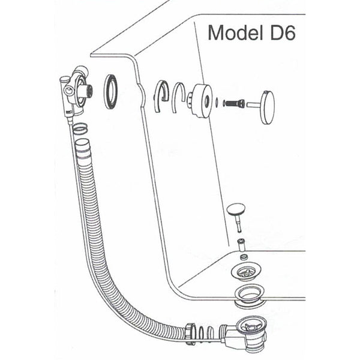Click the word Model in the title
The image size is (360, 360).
[235, 33]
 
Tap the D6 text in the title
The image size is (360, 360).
[283, 33]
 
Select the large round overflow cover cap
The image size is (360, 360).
[268, 107]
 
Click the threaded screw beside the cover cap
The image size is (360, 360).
[233, 103]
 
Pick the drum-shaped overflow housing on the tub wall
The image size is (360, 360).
[200, 101]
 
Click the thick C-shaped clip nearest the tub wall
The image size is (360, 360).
[161, 97]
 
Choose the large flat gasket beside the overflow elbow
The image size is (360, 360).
[112, 91]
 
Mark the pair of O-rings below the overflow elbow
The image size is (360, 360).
[80, 129]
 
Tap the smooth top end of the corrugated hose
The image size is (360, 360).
[83, 146]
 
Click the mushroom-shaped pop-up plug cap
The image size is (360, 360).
[236, 209]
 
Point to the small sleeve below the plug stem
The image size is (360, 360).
[241, 245]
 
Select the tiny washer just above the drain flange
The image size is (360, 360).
[244, 256]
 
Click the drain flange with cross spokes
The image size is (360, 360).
[246, 271]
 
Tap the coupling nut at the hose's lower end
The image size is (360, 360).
[190, 333]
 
